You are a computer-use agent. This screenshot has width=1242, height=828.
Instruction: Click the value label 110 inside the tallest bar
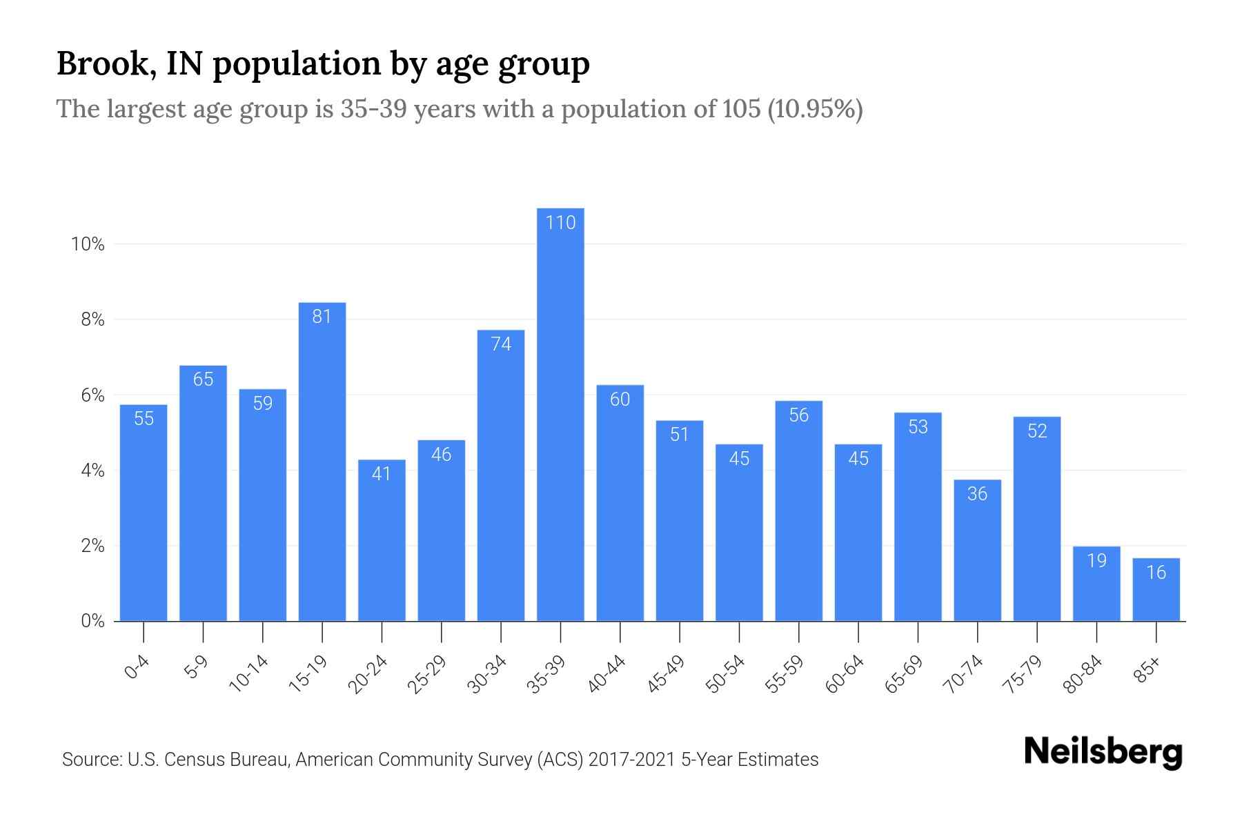pyautogui.click(x=560, y=222)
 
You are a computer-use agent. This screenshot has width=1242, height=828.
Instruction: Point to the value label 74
pyautogui.click(x=501, y=344)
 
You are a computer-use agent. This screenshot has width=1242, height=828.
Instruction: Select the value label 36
pyautogui.click(x=977, y=493)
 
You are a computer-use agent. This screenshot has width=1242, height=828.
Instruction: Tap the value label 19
pyautogui.click(x=1096, y=560)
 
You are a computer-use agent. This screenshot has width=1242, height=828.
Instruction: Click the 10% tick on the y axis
pyautogui.click(x=88, y=244)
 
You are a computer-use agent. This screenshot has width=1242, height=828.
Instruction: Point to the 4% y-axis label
pyautogui.click(x=92, y=471)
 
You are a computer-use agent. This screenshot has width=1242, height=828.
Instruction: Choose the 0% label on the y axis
pyautogui.click(x=92, y=621)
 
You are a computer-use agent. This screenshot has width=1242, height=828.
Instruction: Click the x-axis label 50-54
pyautogui.click(x=725, y=674)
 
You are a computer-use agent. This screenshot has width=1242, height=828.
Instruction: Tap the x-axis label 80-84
pyautogui.click(x=1083, y=674)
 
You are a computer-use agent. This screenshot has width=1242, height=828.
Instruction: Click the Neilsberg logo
pyautogui.click(x=1103, y=752)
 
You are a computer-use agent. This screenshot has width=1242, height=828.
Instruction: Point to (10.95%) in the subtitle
pyautogui.click(x=815, y=109)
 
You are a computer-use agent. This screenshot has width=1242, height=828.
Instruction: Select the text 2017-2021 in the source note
pyautogui.click(x=632, y=760)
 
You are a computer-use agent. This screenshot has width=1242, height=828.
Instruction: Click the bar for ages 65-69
pyautogui.click(x=918, y=517)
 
